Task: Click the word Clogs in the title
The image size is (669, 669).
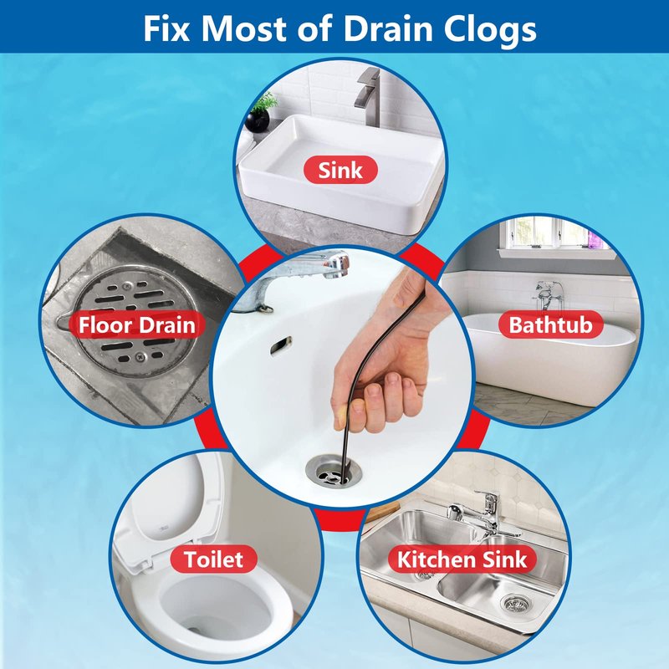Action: point(490,30)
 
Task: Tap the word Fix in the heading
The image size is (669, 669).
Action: point(166,28)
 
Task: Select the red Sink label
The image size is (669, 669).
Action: point(340,170)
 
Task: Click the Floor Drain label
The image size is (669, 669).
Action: point(136,324)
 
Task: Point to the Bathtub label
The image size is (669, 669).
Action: point(551,324)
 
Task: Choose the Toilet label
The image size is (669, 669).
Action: point(213,559)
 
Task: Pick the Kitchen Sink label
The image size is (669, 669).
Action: point(462,559)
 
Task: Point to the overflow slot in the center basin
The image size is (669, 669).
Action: point(281,345)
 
